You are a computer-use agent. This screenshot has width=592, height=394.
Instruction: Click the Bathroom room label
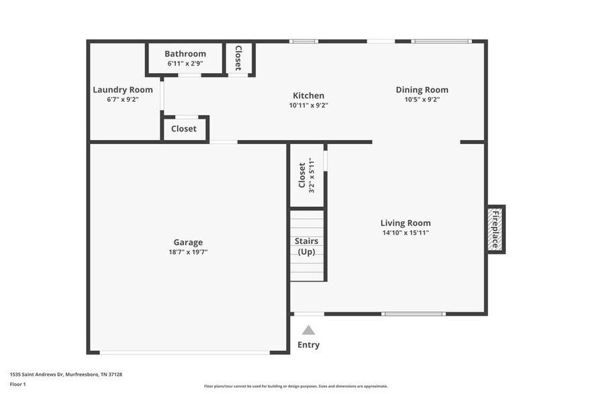185,54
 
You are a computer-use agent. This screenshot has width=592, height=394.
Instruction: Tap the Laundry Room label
123,90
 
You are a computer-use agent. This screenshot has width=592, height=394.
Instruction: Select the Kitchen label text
308,96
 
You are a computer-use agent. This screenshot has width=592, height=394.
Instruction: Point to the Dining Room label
422,90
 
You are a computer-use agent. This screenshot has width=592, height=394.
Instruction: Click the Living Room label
405,223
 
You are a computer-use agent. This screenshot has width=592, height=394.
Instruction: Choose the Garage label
188,243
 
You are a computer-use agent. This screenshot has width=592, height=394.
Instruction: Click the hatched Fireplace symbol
495,229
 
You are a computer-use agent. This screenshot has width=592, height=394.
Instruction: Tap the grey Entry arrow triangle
308,330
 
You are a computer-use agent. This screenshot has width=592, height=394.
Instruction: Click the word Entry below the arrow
308,345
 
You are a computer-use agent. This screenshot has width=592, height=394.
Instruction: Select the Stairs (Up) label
307,246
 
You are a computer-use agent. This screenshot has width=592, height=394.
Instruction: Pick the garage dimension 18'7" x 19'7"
188,252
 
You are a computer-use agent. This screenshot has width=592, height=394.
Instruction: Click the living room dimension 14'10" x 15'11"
405,233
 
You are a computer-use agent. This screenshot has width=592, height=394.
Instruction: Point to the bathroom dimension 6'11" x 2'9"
185,64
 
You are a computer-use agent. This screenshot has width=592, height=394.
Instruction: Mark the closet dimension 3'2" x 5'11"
311,175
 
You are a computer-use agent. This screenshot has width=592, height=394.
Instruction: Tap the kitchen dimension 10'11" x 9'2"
308,105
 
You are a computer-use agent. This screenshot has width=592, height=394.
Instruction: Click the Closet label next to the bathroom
238,58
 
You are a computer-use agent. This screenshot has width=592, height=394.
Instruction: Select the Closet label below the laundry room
184,129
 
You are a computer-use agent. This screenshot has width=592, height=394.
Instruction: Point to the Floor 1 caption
17,384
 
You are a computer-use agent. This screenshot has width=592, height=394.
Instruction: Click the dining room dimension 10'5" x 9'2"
422,99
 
